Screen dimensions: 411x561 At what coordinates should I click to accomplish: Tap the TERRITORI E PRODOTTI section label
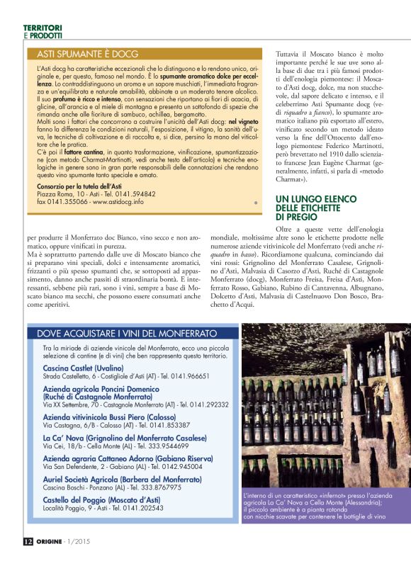(x=42, y=31)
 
